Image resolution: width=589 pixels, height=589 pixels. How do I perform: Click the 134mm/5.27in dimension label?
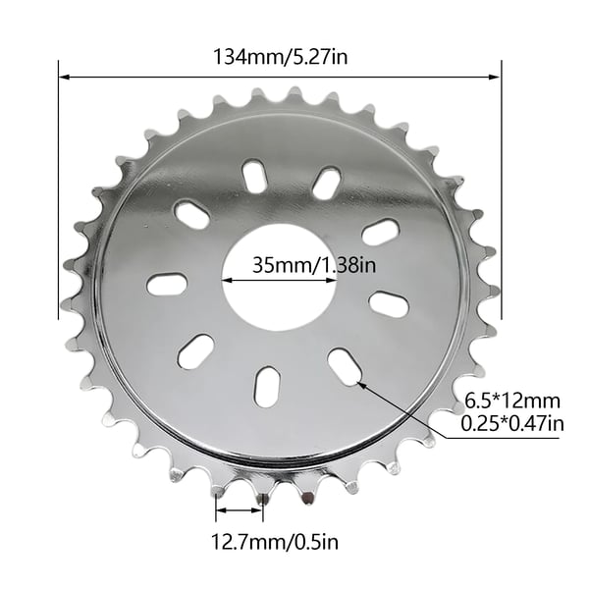[x=280, y=58]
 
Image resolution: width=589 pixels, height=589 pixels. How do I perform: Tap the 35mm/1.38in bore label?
[x=314, y=265]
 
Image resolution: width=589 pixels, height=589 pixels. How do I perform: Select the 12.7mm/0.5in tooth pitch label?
[x=275, y=542]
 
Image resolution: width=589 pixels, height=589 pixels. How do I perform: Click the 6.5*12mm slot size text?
[x=512, y=401]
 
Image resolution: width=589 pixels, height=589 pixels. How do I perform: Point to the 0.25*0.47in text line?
[x=512, y=424]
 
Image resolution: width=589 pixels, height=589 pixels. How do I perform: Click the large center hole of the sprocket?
[x=279, y=278]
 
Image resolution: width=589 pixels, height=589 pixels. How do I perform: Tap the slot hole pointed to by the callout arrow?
[x=345, y=366]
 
